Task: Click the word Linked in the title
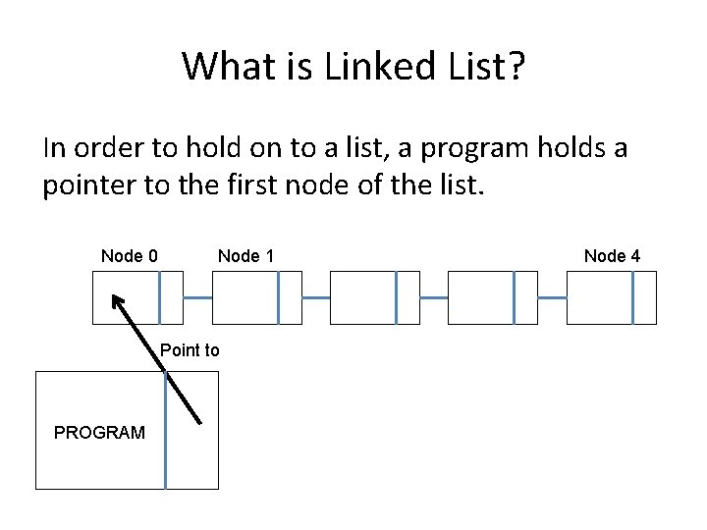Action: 380,66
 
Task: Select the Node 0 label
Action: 130,256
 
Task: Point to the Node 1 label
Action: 245,256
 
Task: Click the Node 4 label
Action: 612,256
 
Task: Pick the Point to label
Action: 190,350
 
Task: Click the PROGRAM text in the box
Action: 99,433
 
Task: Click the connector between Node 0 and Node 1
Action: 197,297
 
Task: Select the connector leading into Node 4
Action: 552,297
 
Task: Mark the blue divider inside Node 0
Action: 160,297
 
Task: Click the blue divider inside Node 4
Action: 633,297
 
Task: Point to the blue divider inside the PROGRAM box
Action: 166,431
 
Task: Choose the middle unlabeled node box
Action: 375,297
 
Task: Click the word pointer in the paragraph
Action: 89,185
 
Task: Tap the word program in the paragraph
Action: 474,149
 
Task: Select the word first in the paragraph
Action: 251,185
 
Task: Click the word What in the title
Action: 229,66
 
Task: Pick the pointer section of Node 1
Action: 291,297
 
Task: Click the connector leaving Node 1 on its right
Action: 316,297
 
